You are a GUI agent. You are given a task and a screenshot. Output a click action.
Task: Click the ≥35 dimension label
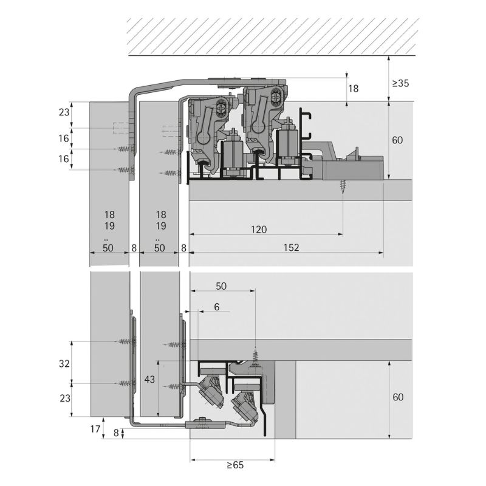coord(400,83)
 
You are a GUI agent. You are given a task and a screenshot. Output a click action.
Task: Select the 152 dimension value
coord(291,247)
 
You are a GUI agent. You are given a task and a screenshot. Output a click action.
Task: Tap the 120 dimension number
coord(259,230)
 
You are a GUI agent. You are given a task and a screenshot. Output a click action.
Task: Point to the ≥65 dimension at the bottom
coord(235,465)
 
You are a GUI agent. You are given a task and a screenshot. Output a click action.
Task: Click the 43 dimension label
coord(149,379)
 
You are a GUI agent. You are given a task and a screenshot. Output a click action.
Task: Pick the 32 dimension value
coord(64,363)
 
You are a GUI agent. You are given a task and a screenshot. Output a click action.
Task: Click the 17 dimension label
coord(95,429)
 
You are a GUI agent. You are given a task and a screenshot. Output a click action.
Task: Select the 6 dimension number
coord(217,307)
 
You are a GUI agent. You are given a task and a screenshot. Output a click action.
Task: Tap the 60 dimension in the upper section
coord(397,140)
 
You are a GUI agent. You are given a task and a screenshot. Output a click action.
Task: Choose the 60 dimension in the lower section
coord(398,397)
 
